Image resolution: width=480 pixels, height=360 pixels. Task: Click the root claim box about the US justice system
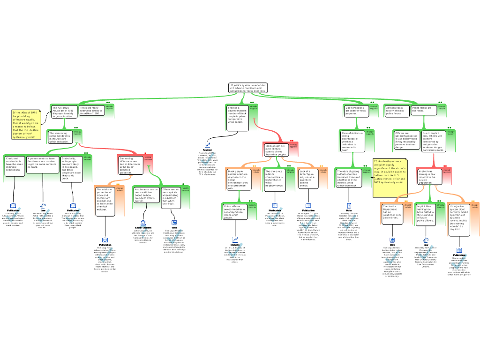pos(248,88)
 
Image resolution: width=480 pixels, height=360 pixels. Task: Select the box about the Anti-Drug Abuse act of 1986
pos(64,111)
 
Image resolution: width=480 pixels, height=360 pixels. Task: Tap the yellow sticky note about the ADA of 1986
pos(26,125)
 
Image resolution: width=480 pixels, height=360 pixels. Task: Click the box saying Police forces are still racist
pos(424,110)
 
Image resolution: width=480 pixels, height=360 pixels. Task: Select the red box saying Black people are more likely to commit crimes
pos(276,150)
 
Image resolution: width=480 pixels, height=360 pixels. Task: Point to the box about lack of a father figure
pos(307,179)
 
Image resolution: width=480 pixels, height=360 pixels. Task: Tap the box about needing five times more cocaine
pos(42,163)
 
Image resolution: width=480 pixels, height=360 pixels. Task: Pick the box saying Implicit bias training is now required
pos(427,176)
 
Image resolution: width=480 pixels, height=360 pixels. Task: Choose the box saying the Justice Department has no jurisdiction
pos(391,212)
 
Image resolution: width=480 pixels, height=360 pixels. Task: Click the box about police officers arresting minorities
pos(234,211)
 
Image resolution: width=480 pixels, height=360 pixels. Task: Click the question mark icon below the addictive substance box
pos(143,233)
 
